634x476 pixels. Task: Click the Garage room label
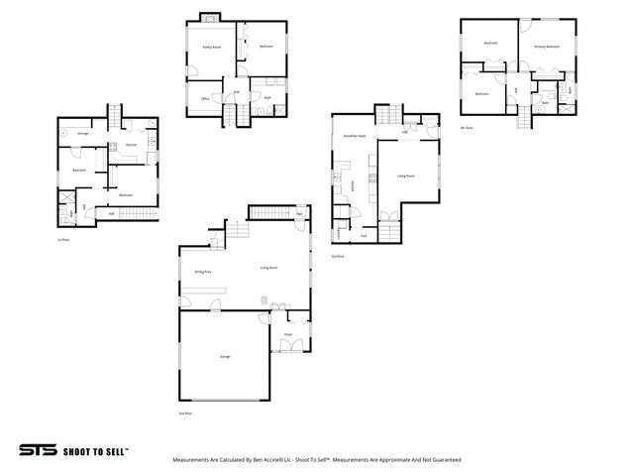coord(211,356)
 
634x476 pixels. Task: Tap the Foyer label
coord(288,335)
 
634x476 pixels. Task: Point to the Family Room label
coord(211,47)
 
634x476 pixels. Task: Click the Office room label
coord(205,99)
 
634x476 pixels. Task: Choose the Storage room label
coord(83,132)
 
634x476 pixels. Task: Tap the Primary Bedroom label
coord(547,47)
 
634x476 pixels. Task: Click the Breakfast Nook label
coord(355,135)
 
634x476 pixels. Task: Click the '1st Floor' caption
coord(62,239)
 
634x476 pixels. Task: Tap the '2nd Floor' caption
coord(183,413)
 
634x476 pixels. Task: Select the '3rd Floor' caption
coord(337,256)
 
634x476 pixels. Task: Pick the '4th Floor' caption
coord(466,127)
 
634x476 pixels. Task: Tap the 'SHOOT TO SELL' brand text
coord(96,450)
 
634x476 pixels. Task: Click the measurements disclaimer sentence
coord(316,460)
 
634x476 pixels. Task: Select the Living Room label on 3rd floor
coord(405,176)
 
